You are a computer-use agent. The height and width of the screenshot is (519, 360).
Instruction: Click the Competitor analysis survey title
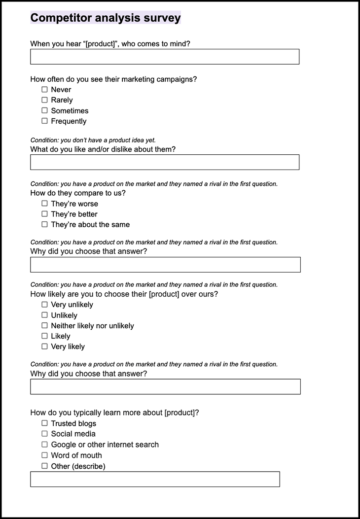click(105, 18)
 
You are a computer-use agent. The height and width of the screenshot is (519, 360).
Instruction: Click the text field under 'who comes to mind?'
click(164, 57)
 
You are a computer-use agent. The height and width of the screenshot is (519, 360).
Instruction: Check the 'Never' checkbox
click(45, 90)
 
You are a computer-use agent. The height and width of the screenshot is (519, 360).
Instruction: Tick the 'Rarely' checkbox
click(45, 100)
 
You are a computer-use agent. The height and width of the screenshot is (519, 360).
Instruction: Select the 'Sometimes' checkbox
click(45, 110)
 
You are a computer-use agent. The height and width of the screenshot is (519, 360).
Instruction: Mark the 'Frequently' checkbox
click(45, 121)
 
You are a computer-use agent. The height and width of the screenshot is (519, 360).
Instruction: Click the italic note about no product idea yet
click(93, 140)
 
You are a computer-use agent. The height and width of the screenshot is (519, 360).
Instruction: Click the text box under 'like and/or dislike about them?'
click(164, 162)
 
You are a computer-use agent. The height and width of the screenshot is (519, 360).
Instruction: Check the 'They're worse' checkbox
click(45, 204)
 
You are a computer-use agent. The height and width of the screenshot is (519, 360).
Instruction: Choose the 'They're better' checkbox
click(45, 214)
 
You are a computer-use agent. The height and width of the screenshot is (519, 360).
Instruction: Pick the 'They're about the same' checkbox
click(45, 224)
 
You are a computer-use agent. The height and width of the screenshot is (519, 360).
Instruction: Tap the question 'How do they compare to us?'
click(78, 193)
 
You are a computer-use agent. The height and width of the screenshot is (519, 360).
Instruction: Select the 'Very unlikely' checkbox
click(45, 305)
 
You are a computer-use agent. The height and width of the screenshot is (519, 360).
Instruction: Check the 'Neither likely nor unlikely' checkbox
click(45, 326)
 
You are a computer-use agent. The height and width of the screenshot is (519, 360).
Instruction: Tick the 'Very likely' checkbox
click(45, 346)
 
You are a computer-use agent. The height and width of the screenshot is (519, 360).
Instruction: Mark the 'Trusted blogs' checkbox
click(45, 423)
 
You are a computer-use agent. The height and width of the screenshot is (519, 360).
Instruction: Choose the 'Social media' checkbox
click(45, 434)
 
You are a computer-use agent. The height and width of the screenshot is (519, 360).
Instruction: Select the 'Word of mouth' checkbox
click(45, 455)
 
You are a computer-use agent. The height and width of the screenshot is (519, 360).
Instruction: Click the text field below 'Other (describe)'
click(155, 479)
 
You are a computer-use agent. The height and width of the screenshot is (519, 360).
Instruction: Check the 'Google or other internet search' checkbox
click(45, 445)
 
